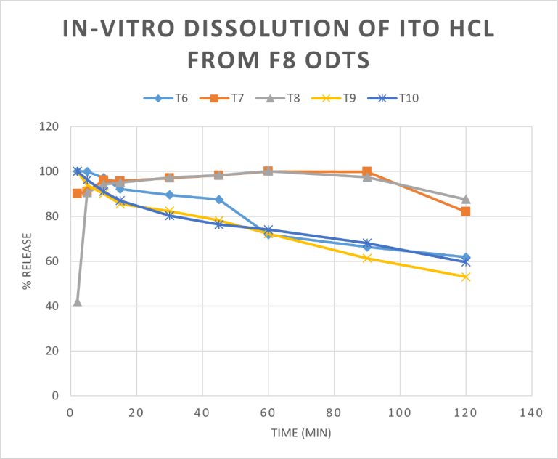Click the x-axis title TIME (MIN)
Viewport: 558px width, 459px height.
[300, 433]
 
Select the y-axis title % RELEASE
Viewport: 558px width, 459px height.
[27, 261]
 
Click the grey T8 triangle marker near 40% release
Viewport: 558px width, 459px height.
[77, 302]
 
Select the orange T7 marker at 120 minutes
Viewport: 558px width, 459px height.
[465, 211]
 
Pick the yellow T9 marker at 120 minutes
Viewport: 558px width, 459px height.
[465, 277]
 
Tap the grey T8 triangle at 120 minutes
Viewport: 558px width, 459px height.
[465, 199]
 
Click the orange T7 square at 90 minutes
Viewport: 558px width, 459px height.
[367, 172]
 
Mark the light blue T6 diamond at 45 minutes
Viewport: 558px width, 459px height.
[218, 199]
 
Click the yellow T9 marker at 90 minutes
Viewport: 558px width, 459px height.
[367, 258]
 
